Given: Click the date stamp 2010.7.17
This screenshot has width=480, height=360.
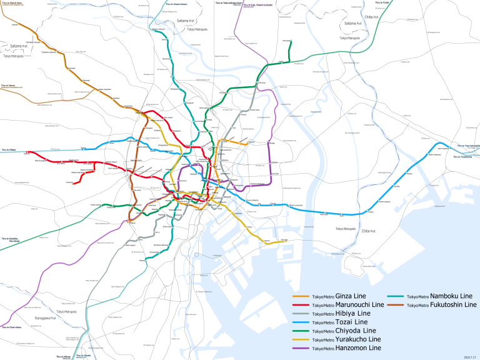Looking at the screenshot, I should click(x=470, y=356).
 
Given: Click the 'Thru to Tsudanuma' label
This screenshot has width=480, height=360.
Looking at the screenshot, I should click(x=466, y=156).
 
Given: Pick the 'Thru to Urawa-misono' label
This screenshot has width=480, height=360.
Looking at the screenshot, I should click(x=176, y=3).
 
